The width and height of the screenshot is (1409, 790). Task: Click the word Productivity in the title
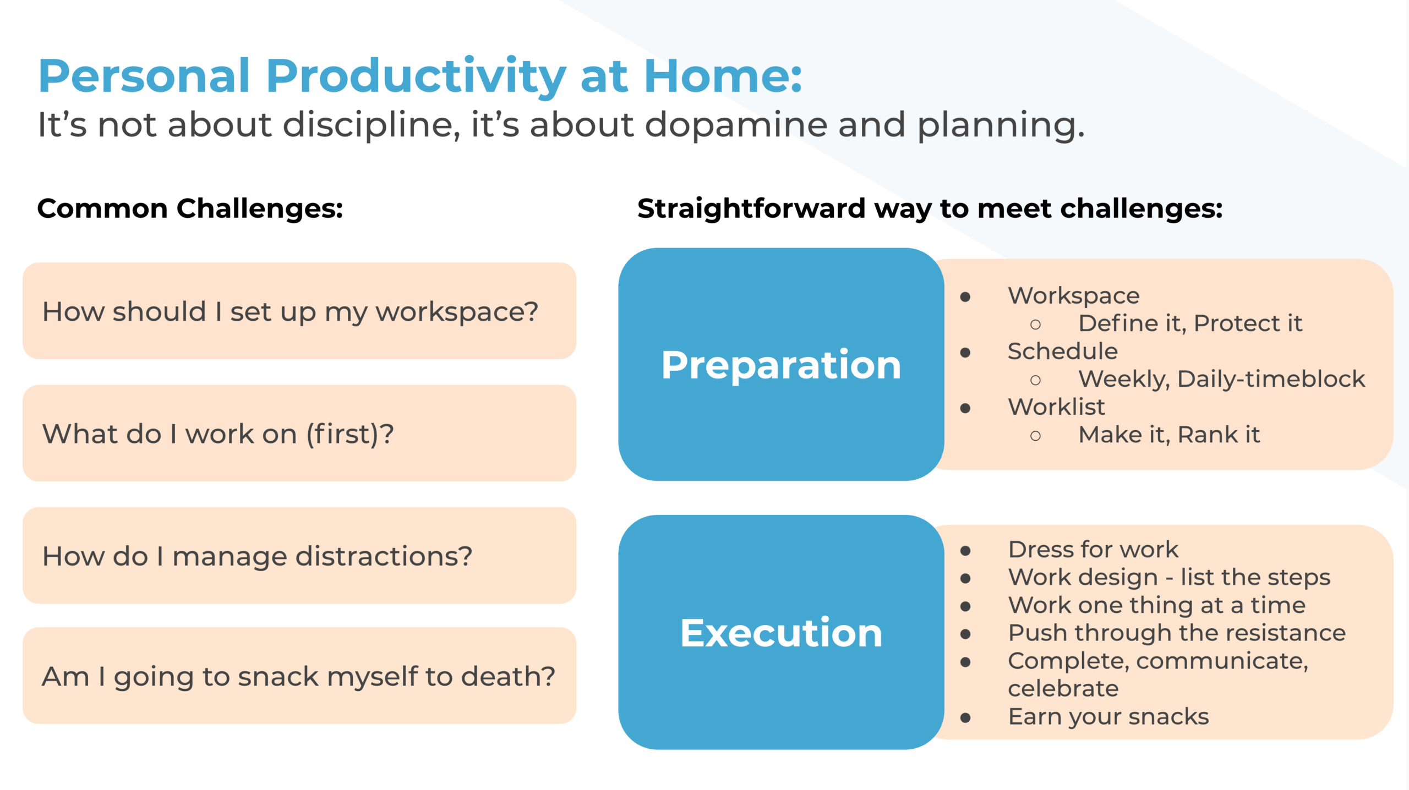(x=416, y=76)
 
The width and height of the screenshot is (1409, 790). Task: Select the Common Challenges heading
(x=190, y=209)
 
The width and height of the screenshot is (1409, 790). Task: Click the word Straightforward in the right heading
(x=751, y=209)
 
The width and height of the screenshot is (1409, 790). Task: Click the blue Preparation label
(x=781, y=365)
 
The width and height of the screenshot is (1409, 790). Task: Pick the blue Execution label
(x=781, y=633)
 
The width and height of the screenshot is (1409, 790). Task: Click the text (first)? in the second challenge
(x=350, y=434)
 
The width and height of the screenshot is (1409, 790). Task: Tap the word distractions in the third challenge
(x=384, y=556)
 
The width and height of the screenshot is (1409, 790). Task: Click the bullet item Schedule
(x=1062, y=352)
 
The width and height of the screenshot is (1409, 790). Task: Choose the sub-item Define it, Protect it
(x=1190, y=323)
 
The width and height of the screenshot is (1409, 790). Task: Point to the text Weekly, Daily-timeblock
(x=1221, y=379)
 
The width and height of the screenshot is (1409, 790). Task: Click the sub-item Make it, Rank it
(x=1168, y=435)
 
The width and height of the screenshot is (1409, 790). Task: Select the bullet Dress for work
(x=1093, y=550)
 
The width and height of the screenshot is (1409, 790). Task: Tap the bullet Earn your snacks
(x=1108, y=717)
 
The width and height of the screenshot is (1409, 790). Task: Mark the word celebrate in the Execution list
(x=1063, y=689)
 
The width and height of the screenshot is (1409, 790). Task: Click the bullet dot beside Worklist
(x=965, y=408)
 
